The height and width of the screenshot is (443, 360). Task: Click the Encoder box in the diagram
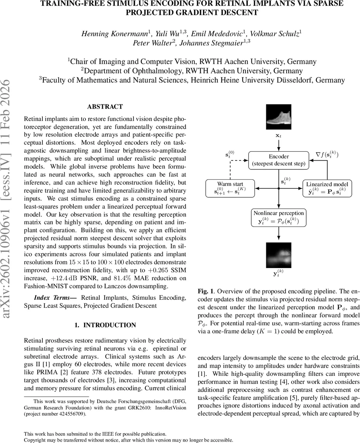click(x=278, y=160)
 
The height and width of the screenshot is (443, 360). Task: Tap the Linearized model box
click(x=325, y=188)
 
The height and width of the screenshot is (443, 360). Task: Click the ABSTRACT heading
click(x=105, y=107)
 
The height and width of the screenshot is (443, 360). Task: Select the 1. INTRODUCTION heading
click(x=105, y=325)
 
